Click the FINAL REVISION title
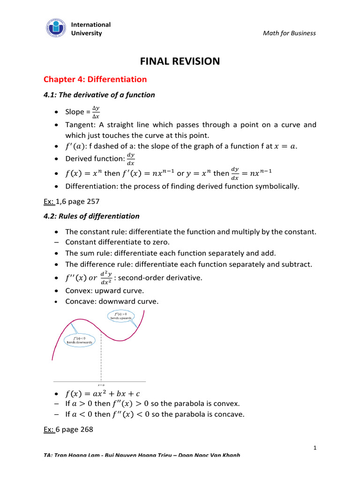pos(180,61)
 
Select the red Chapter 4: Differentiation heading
pos(95,79)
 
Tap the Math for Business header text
pos(289,33)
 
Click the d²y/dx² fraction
pos(105,278)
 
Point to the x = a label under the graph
pos(101,385)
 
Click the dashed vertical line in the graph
pos(101,356)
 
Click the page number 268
pos(87,428)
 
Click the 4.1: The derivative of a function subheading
pos(97,95)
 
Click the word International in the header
pos(91,24)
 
